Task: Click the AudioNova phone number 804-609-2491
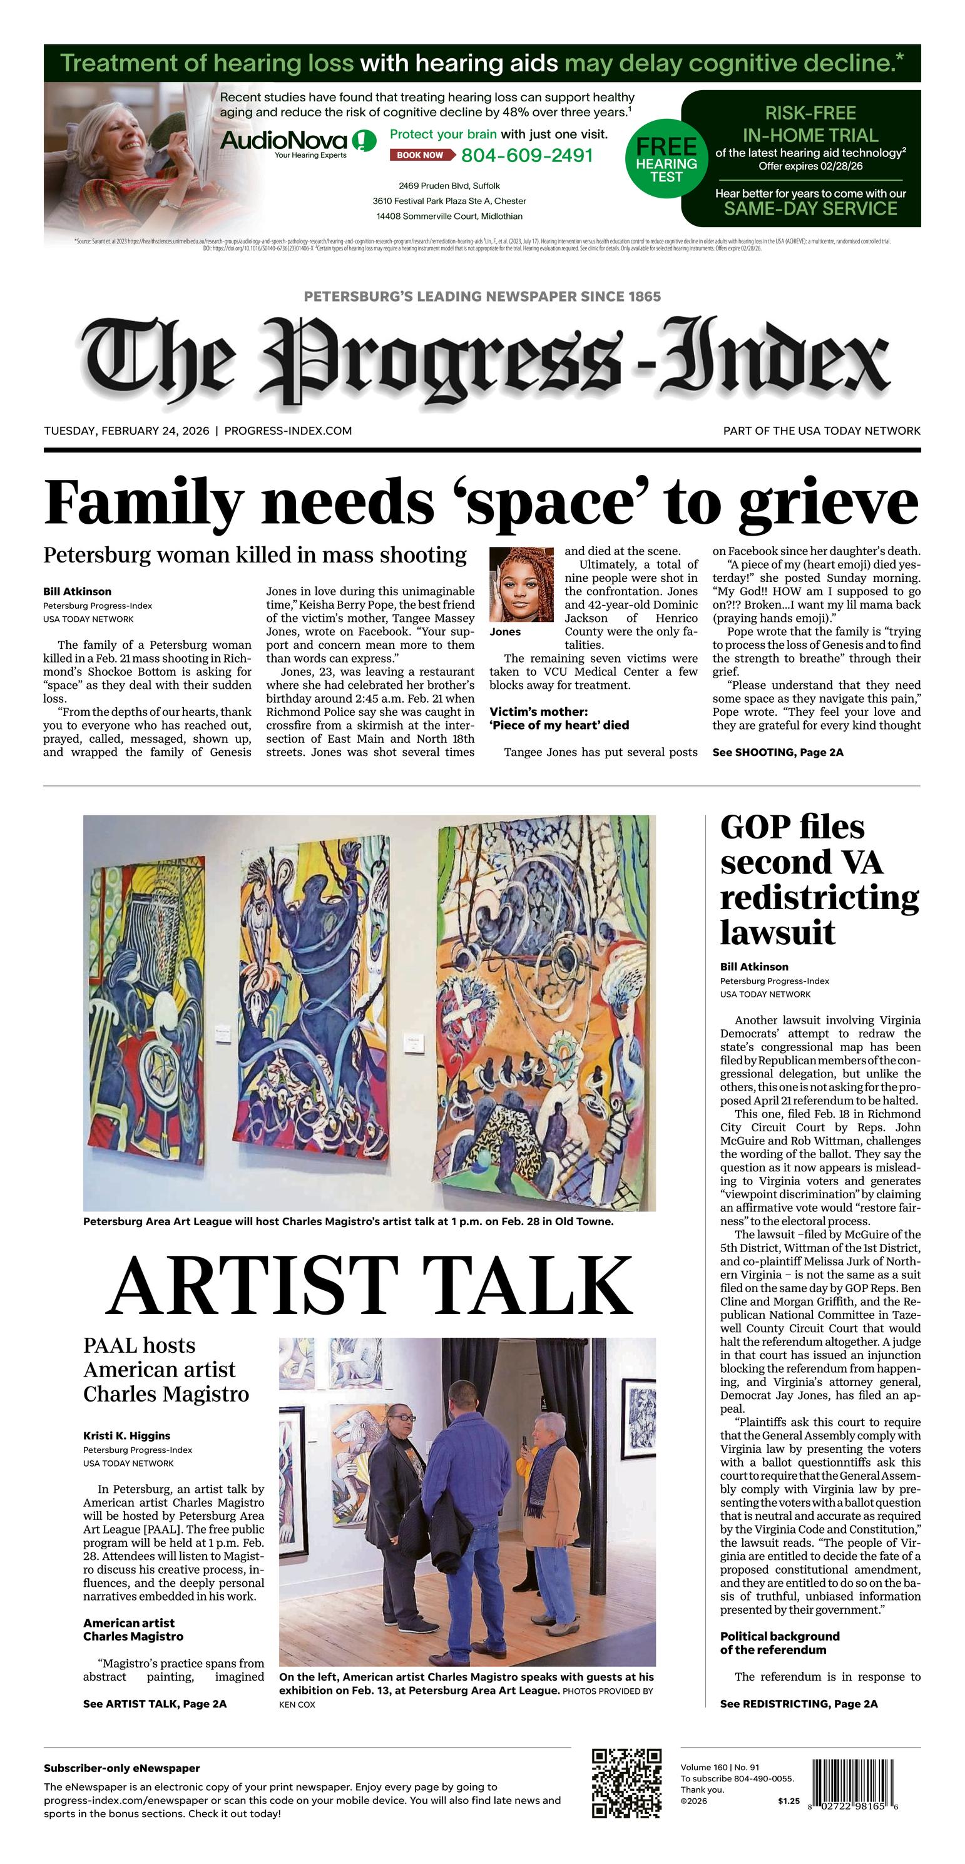pyautogui.click(x=527, y=156)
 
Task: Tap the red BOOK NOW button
pyautogui.click(x=421, y=155)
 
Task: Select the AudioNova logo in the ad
pyautogui.click(x=297, y=141)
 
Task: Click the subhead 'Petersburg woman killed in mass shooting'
pyautogui.click(x=255, y=555)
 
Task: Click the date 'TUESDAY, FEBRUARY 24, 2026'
pyautogui.click(x=126, y=430)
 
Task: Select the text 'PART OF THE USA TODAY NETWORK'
pyautogui.click(x=822, y=430)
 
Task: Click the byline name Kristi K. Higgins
pyautogui.click(x=126, y=1435)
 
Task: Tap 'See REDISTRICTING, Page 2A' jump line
pyautogui.click(x=799, y=1704)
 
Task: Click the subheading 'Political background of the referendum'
pyautogui.click(x=780, y=1642)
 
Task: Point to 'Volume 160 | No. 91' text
pyautogui.click(x=720, y=1767)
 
